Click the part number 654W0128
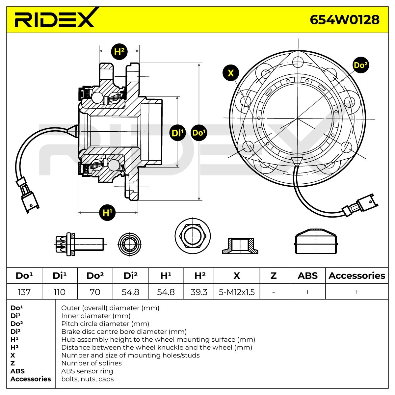344,20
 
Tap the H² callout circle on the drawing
119,51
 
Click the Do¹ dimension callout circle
199,133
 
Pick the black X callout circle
231,73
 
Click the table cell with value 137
24,292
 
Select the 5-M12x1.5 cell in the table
237,292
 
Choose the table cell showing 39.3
198,292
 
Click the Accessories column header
356,276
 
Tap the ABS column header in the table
307,276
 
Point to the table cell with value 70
95,292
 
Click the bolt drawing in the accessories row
79,244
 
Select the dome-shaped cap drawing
316,241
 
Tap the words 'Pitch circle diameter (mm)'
105,324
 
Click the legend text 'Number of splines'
91,363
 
